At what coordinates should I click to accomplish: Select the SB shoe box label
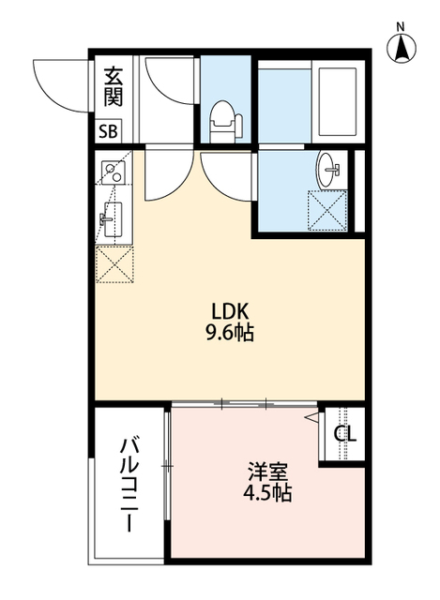(x=109, y=131)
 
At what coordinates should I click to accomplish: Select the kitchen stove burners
(x=114, y=172)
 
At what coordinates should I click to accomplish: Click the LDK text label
(x=229, y=310)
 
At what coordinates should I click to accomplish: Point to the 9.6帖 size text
(x=229, y=333)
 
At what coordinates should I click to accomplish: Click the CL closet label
(x=346, y=433)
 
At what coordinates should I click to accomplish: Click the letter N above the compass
(x=401, y=25)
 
